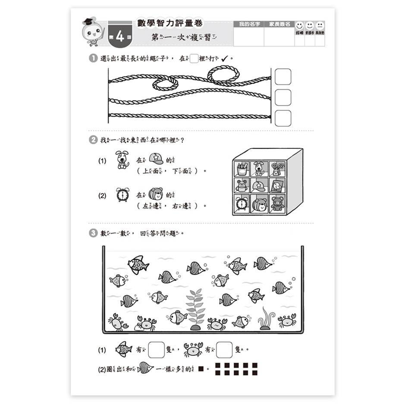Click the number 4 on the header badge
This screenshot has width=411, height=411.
[120, 36]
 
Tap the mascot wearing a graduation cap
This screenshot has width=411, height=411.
[93, 32]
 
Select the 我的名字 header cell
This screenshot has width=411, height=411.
[248, 25]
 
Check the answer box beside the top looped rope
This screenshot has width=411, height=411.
[282, 77]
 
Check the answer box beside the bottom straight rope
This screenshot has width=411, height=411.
[282, 118]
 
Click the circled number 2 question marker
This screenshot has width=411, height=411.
[93, 140]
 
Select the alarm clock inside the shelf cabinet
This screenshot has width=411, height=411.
[242, 204]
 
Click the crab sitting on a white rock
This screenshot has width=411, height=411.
[146, 323]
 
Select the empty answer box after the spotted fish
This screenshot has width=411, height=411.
[156, 350]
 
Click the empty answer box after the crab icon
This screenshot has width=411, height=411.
[224, 350]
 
